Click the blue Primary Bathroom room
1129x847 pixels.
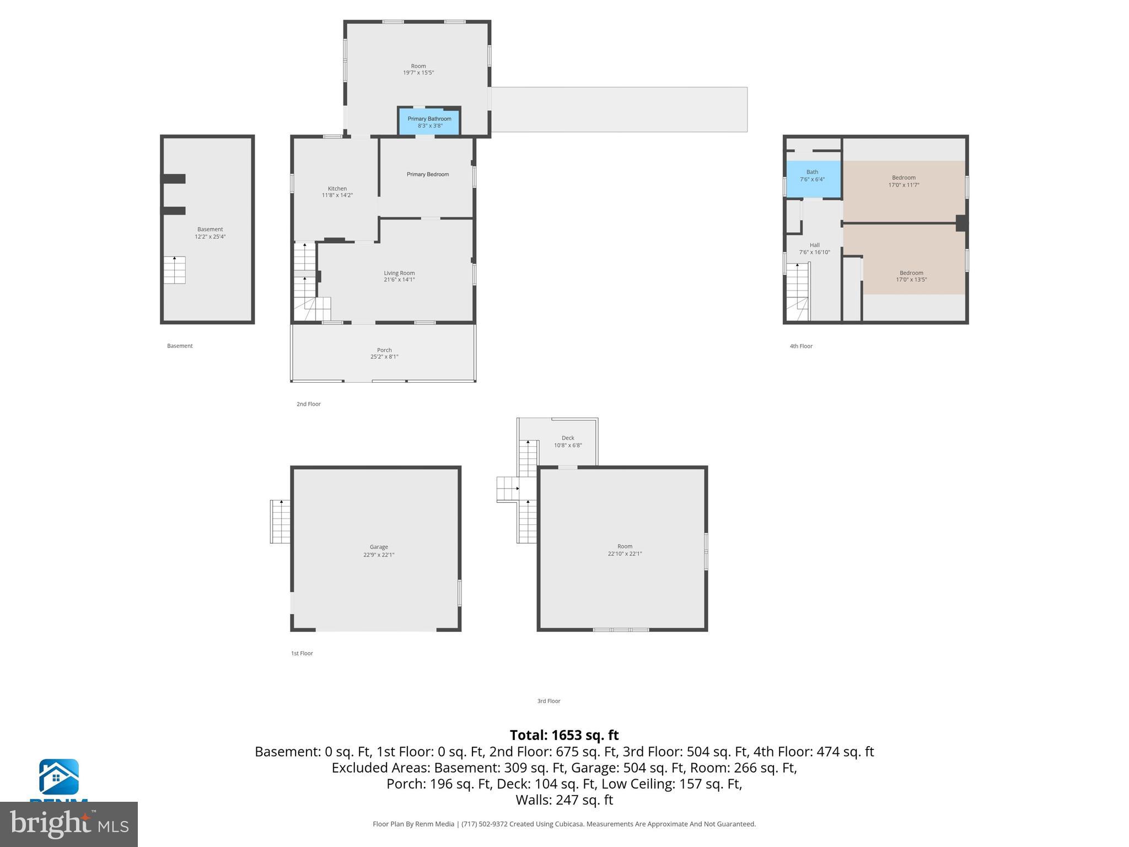[x=429, y=121]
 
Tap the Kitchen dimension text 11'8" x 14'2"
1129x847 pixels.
[x=337, y=195]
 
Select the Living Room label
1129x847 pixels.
[x=399, y=273]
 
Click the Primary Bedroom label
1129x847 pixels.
[x=427, y=174]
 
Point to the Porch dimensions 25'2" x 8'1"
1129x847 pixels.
[x=384, y=357]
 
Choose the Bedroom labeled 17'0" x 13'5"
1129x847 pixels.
[x=911, y=276]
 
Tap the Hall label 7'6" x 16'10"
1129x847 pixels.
[x=814, y=249]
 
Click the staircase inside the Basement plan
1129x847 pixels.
[x=174, y=270]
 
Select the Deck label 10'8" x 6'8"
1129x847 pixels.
[x=567, y=442]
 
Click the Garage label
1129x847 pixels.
[x=379, y=547]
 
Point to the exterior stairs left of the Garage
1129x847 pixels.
[x=280, y=521]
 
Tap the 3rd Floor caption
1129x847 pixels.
[x=549, y=701]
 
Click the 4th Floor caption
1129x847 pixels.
[x=800, y=346]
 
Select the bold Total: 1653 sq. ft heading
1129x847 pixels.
[x=564, y=735]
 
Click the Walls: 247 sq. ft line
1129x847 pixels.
[x=564, y=800]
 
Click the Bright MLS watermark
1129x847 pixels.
[x=69, y=824]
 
